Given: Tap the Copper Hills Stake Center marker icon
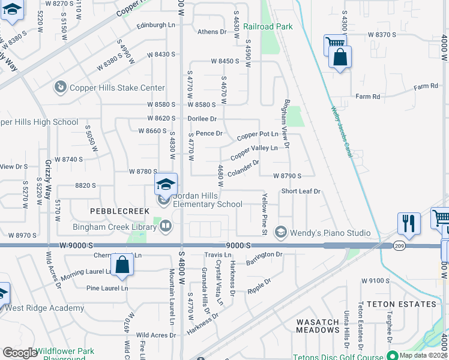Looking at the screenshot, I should click(x=59, y=88).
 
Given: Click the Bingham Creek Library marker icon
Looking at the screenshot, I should click(x=165, y=226).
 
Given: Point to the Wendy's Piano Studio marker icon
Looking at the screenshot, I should click(x=280, y=232).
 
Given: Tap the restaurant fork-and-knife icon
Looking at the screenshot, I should click(x=409, y=223).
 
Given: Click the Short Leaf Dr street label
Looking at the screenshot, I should click(x=302, y=191).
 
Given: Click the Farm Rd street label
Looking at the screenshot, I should click(x=368, y=96).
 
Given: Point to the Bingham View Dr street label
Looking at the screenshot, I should click(x=286, y=124).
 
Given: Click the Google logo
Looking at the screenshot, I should click(x=20, y=353).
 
